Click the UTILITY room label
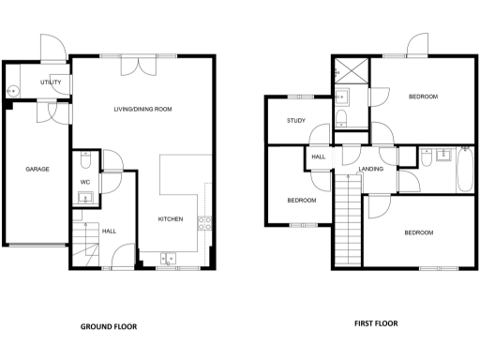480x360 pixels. (x=51, y=82)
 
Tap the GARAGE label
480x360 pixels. (x=37, y=169)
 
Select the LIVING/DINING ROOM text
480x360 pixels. (x=142, y=110)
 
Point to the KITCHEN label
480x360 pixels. (x=170, y=220)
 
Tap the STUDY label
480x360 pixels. (x=297, y=120)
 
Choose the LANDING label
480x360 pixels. (x=372, y=170)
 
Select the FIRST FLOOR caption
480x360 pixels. (x=375, y=323)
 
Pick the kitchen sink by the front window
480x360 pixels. (x=170, y=258)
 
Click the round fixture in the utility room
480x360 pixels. (x=13, y=92)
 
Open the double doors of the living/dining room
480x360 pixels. (x=142, y=64)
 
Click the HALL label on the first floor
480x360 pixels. (x=318, y=157)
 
